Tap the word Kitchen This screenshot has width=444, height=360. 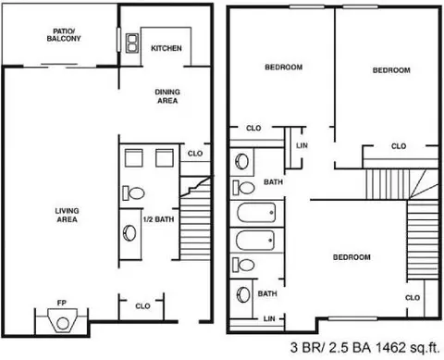(166, 48)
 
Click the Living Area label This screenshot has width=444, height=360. (67, 216)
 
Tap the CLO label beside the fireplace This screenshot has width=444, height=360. (143, 305)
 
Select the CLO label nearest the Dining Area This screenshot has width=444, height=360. (195, 154)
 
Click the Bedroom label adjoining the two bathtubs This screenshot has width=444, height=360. (351, 256)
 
